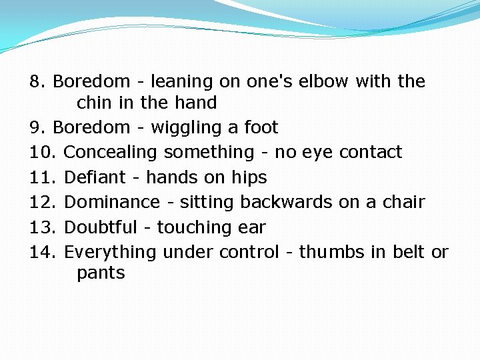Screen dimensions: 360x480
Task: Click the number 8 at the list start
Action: tap(36, 82)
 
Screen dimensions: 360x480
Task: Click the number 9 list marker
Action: tap(36, 127)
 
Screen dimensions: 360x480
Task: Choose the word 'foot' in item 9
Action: tap(261, 127)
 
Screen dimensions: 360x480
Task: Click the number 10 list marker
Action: tap(43, 153)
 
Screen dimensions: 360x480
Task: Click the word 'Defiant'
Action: tap(95, 177)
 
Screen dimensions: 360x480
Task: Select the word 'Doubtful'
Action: tap(100, 227)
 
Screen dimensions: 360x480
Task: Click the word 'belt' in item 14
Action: tap(406, 252)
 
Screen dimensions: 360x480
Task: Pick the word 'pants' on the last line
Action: tap(101, 273)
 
